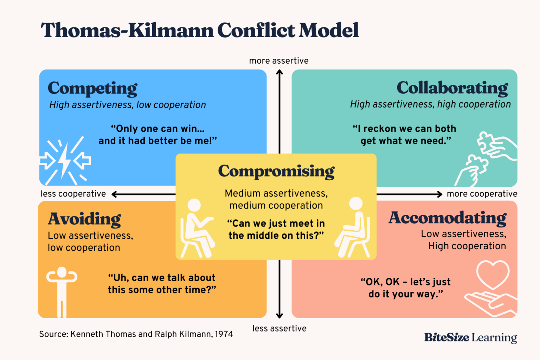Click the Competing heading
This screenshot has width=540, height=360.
[92, 89]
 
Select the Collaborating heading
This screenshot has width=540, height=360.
[452, 88]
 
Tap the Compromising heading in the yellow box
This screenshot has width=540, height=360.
[276, 171]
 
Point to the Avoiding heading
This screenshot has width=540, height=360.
[84, 219]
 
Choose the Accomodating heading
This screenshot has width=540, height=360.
[447, 218]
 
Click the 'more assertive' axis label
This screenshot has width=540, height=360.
[279, 61]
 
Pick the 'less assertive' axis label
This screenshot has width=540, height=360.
[279, 328]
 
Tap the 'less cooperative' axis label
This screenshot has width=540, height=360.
[73, 194]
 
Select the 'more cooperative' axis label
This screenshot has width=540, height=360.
[482, 194]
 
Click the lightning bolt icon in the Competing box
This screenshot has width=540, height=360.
[65, 160]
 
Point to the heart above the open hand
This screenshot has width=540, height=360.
[493, 274]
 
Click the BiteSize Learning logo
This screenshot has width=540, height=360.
[470, 337]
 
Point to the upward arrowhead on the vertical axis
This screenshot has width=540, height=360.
[279, 72]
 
